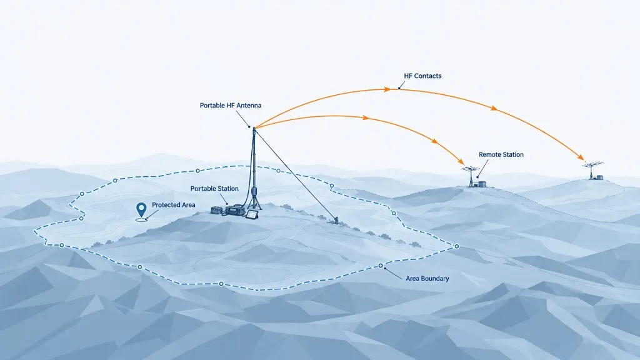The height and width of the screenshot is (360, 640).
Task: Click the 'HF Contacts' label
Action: pyautogui.click(x=422, y=76)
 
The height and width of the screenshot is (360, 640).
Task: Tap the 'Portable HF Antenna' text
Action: pyautogui.click(x=231, y=105)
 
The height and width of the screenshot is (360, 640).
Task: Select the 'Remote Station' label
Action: pyautogui.click(x=501, y=155)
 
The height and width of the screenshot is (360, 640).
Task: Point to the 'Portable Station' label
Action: pyautogui.click(x=214, y=189)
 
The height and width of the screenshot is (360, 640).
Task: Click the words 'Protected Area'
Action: pyautogui.click(x=174, y=205)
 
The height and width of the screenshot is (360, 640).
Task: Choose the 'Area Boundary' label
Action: pyautogui.click(x=427, y=278)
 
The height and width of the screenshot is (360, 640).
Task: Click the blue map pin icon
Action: pyautogui.click(x=141, y=210)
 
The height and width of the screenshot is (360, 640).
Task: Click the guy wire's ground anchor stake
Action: pyautogui.click(x=337, y=221)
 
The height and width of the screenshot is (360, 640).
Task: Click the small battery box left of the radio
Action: pyautogui.click(x=216, y=210)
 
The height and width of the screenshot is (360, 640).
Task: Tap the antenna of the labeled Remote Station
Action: pyautogui.click(x=471, y=176)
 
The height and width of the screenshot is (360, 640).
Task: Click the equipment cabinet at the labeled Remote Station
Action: pyautogui.click(x=482, y=184)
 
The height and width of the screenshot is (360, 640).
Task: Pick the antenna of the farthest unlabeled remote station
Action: pyautogui.click(x=592, y=170)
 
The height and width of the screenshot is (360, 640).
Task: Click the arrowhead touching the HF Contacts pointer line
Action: pyautogui.click(x=387, y=89)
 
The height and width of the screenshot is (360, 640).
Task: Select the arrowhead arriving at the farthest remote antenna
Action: pyautogui.click(x=580, y=157)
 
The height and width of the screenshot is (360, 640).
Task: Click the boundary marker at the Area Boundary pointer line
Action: pyautogui.click(x=381, y=266)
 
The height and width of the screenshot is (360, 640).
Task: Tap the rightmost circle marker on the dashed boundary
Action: pyautogui.click(x=457, y=246)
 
